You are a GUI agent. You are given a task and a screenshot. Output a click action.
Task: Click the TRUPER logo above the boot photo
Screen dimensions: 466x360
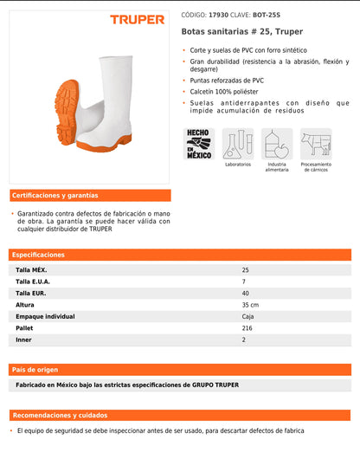136,18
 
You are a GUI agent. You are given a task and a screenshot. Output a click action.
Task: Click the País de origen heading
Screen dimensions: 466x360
35,369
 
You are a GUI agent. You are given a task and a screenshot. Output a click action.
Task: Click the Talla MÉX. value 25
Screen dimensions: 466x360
245,270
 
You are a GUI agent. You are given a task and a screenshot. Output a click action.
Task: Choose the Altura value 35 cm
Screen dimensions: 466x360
250,305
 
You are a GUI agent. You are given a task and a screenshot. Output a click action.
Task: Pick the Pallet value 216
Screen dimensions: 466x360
247,328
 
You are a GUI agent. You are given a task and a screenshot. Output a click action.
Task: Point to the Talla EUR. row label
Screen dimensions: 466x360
32,294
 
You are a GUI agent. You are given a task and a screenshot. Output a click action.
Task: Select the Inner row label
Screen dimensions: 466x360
23,340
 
